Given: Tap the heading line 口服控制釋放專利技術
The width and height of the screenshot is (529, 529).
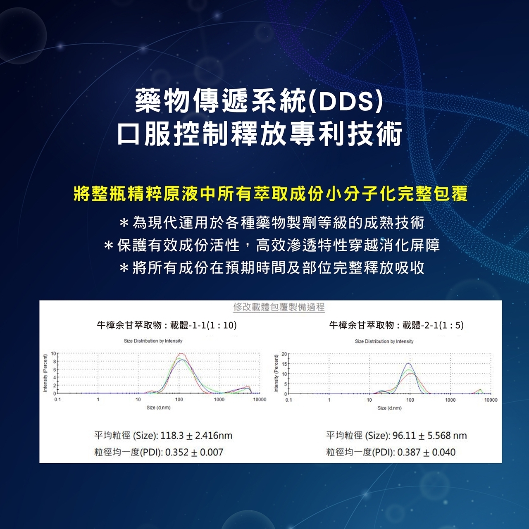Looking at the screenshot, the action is point(260,134).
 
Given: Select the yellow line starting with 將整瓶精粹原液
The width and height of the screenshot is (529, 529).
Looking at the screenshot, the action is point(270,194).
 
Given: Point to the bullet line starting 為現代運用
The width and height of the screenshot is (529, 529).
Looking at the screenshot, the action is point(272,223).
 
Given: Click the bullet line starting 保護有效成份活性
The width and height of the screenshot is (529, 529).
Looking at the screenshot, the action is point(272,245).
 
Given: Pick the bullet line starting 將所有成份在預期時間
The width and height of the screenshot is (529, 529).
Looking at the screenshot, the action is point(272,267).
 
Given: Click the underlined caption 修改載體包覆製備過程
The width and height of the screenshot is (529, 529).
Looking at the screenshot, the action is point(279,307).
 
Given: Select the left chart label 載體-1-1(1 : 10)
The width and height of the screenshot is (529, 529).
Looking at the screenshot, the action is point(203,325).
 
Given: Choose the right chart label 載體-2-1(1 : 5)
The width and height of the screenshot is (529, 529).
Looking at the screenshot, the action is point(433,325).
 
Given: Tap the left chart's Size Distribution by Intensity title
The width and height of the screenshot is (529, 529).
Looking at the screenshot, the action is point(153,341).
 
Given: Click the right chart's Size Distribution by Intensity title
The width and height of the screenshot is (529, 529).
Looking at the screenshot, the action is point(384,341).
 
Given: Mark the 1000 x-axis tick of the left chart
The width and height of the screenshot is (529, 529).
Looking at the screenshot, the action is point(219,400).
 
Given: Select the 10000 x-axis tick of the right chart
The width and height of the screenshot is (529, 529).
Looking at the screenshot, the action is point(491,400).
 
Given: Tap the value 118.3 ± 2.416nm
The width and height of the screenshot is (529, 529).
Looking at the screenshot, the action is point(196,436).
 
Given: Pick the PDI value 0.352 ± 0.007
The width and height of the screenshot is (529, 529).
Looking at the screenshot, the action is point(194,452).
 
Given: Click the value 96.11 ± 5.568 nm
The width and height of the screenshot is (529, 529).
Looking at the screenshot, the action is point(430,436).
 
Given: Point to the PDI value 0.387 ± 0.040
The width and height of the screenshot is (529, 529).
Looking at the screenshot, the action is point(427,452).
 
